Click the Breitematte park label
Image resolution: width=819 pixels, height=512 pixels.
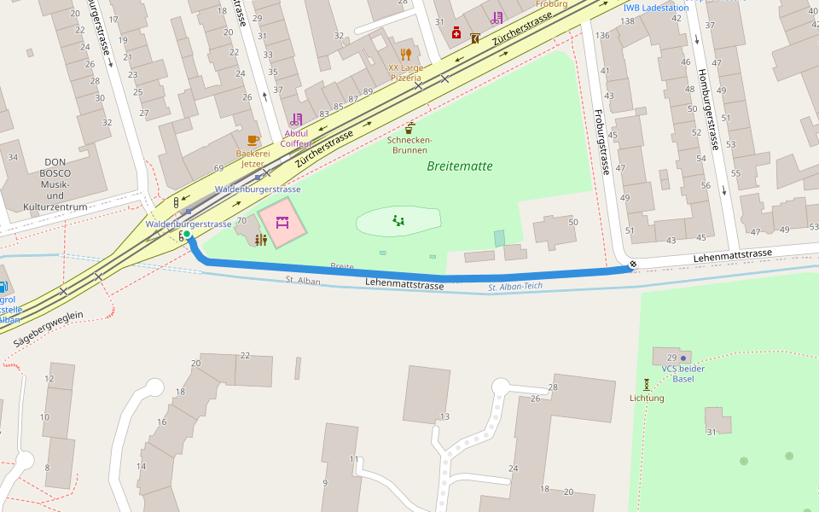coord(460,166)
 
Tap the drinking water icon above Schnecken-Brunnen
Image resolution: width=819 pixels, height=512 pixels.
coord(410,128)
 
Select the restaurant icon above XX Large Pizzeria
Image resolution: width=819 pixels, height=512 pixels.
coord(406,55)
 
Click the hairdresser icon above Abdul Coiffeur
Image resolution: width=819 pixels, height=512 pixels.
coord(296,120)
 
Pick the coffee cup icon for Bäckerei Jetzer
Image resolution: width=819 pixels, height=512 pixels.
coord(253,141)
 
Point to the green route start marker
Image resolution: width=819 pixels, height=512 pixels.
coord(187,234)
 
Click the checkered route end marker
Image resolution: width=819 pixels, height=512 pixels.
coord(632,265)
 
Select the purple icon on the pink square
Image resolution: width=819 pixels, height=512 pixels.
coord(282,223)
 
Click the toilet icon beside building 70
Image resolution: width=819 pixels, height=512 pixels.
coord(261,241)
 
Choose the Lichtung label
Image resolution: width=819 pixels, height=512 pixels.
coord(647,398)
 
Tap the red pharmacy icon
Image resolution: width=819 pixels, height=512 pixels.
coord(456,33)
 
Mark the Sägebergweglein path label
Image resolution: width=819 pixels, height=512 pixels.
coord(48,328)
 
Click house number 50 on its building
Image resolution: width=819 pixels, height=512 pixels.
coord(573,223)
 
